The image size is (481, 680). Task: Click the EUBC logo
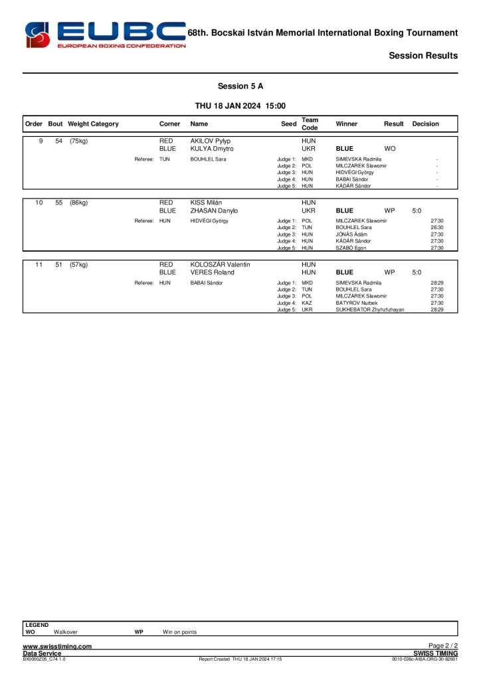(x=105, y=34)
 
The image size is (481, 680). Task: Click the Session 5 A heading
(x=240, y=86)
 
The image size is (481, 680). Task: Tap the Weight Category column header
(x=93, y=124)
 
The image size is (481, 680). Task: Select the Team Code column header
(x=310, y=124)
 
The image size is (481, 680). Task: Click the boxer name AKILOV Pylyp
(x=210, y=141)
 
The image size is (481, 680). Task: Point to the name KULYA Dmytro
(x=212, y=149)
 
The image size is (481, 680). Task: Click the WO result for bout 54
(x=390, y=149)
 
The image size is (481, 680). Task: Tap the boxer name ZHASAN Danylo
(x=214, y=211)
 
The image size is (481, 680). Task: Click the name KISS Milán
(x=206, y=203)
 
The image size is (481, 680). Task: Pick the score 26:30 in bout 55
(x=436, y=228)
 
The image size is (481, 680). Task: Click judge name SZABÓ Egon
(x=351, y=248)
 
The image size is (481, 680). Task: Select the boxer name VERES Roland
(x=212, y=272)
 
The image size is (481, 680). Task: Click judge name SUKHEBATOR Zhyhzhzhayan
(x=370, y=309)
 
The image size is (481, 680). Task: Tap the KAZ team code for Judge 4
(x=307, y=303)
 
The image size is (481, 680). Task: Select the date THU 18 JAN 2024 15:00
(x=240, y=106)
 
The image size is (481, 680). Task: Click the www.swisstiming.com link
(x=57, y=647)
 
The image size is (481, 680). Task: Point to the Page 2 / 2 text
(x=443, y=646)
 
